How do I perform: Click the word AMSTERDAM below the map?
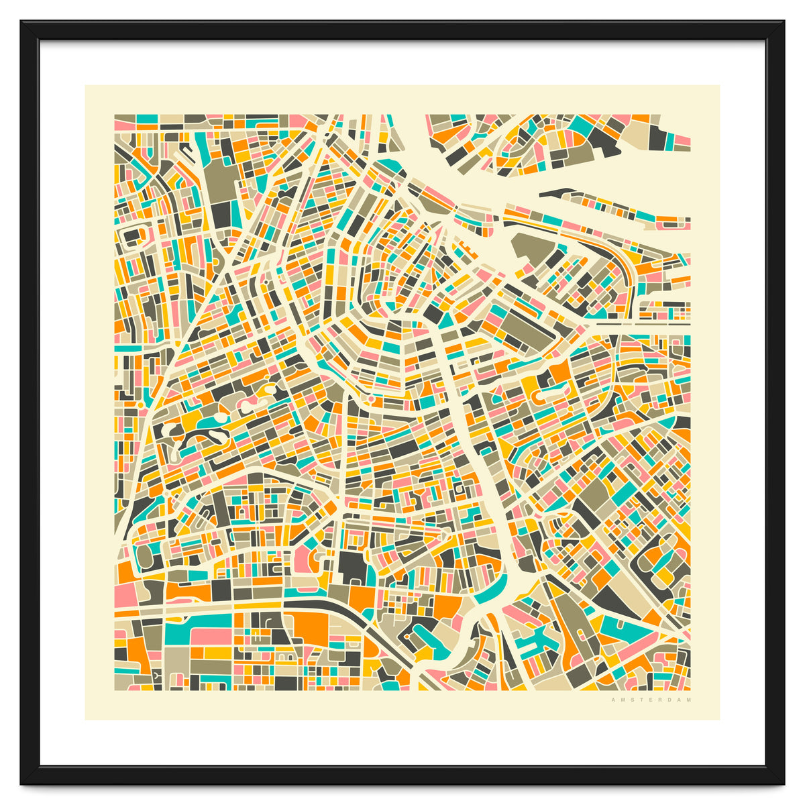[x=651, y=700]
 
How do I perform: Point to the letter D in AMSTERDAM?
[x=669, y=700]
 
